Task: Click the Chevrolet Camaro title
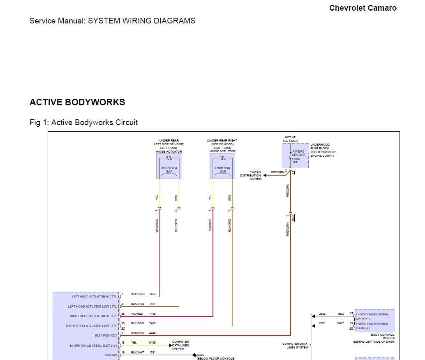coord(363,8)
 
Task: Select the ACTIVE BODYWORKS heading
coord(77,102)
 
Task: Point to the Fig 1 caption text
coord(83,122)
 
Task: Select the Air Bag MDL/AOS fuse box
coord(295,156)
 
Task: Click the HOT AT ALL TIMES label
coord(290,139)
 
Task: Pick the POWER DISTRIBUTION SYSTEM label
coord(251,175)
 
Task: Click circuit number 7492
coord(152,294)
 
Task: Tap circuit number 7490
coord(152,314)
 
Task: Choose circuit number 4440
coord(152,333)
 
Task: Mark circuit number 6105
coord(152,343)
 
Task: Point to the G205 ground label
coord(201,355)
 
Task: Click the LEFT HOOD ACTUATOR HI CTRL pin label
coord(94,297)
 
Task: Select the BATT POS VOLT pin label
coord(106,336)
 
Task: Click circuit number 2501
coord(322,323)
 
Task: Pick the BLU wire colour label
coord(341,314)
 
